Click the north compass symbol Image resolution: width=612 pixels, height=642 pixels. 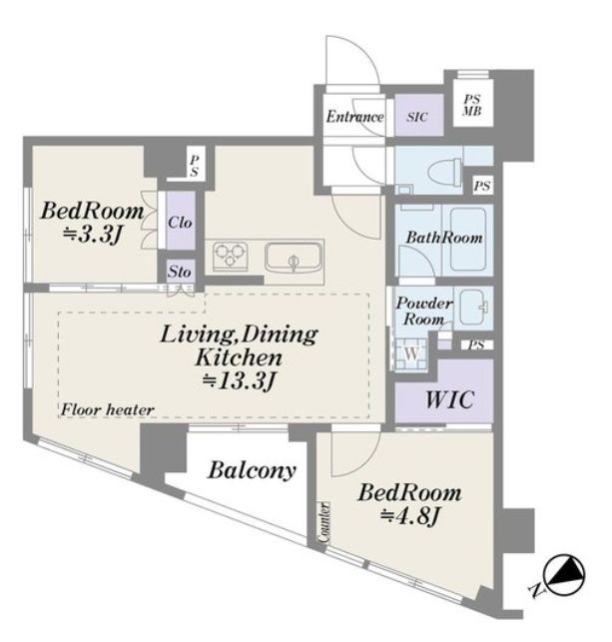coord(564,575)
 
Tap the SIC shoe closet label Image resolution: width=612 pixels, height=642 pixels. coord(417,117)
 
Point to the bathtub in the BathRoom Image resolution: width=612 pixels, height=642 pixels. coord(468,239)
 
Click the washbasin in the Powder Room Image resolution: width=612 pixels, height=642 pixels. coord(474,308)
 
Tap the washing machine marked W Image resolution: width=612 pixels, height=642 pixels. coord(411,353)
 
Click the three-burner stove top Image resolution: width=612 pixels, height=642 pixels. coord(230,256)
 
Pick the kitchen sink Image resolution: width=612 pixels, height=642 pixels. coord(293,258)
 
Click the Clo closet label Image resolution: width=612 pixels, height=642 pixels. coord(180,223)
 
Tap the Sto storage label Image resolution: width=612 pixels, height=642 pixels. coord(180,272)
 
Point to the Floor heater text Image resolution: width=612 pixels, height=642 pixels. coord(107,409)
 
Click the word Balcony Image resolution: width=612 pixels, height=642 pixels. coord(252,471)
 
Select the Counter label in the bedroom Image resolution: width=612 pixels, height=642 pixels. coord(324,523)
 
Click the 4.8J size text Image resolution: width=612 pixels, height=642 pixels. coord(410,517)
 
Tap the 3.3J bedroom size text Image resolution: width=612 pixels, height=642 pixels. coord(93,235)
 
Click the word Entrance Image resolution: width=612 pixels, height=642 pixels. coord(354,117)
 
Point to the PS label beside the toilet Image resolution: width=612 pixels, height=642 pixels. coord(482,186)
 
